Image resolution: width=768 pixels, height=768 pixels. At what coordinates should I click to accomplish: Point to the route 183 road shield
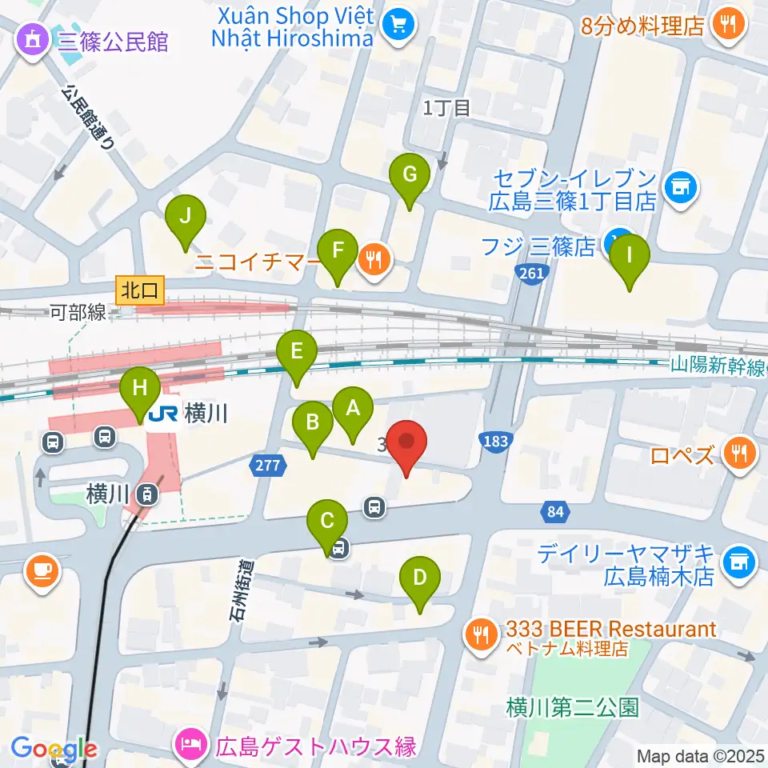tap(494, 441)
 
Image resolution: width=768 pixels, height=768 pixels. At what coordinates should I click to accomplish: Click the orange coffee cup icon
tap(41, 570)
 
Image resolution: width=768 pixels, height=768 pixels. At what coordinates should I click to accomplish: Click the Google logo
tap(54, 750)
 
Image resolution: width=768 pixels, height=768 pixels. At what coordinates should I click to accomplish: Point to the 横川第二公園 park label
tap(573, 707)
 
